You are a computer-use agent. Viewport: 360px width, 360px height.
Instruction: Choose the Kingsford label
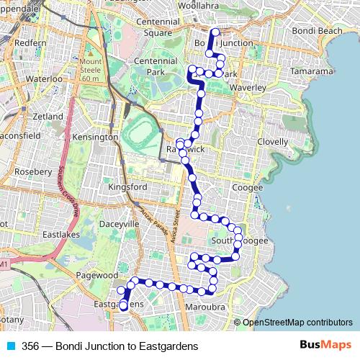pos(127,188)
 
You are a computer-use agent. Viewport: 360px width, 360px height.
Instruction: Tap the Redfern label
pos(30,43)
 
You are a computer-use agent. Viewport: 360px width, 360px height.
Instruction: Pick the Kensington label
pos(96,137)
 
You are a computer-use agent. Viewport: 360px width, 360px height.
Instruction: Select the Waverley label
pos(248,88)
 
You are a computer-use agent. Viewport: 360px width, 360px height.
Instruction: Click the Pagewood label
pos(96,275)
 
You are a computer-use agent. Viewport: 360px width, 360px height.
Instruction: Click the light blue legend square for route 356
pos(9,346)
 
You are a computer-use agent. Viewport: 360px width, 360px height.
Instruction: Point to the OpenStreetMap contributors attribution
pos(297,323)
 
